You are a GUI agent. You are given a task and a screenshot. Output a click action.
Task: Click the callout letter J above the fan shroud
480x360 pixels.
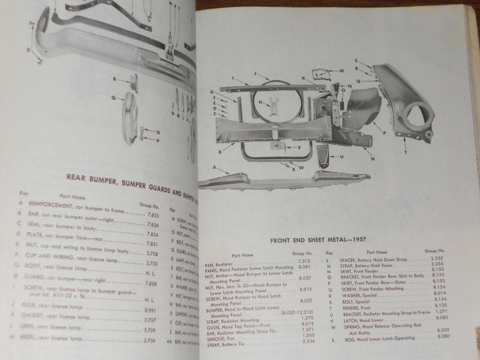(x=254, y=74)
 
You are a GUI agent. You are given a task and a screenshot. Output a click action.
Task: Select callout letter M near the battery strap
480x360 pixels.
(x=341, y=71)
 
